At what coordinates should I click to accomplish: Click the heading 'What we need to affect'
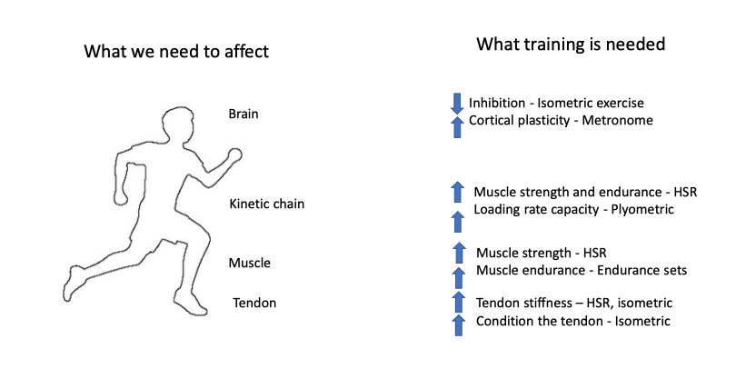pos(176,51)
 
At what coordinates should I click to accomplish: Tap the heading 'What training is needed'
pos(571,45)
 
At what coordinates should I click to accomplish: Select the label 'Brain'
pos(244,114)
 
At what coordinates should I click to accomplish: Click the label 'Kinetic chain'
pos(266,204)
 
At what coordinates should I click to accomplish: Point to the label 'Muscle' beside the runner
pos(249,263)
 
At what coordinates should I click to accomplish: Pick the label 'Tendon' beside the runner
pos(254,303)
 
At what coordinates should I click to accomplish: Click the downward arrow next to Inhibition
pos(457,104)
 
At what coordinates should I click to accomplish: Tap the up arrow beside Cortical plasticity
pos(457,126)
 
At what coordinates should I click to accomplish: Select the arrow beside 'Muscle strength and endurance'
pos(457,192)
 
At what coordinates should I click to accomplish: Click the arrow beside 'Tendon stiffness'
pos(459,302)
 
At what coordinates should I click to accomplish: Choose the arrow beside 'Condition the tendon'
pos(459,325)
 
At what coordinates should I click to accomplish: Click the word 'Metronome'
pos(617,120)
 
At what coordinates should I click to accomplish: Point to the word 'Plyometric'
pos(642,209)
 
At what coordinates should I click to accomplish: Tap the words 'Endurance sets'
pos(642,270)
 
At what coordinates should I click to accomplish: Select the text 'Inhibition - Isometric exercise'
pos(556,103)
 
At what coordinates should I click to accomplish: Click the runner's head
pos(178,125)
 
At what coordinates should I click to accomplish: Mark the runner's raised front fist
pos(234,155)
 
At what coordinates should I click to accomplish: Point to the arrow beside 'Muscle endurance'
pos(459,278)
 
